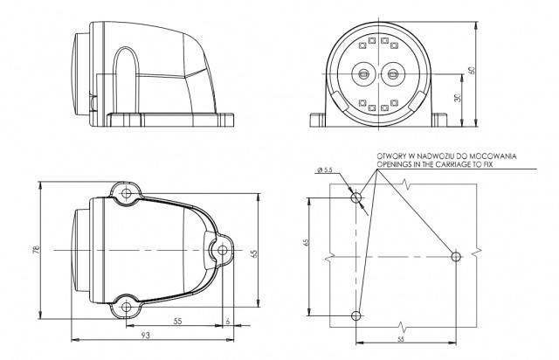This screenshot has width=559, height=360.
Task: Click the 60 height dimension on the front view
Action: [473, 70]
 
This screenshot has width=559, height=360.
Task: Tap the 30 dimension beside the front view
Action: [458, 97]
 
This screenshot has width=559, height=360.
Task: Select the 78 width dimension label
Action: [36, 250]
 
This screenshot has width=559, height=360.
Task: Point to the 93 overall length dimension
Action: [146, 335]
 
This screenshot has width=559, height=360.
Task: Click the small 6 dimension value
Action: [228, 321]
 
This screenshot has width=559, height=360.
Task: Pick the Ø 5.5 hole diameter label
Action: [324, 170]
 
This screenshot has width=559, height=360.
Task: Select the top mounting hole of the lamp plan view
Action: [126, 193]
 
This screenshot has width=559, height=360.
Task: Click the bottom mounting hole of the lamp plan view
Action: [126, 307]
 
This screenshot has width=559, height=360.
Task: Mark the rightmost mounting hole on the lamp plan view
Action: [223, 250]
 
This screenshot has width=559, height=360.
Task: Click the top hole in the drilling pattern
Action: [356, 197]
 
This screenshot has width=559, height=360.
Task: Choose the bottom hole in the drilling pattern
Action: [356, 315]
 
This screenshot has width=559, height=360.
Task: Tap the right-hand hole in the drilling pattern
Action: [456, 256]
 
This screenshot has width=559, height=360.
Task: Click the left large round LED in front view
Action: [363, 74]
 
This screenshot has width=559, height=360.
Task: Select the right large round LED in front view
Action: [392, 74]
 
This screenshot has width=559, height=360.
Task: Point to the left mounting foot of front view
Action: [317, 120]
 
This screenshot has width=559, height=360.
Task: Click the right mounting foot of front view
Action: [439, 120]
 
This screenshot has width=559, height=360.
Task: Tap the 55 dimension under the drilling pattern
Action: [401, 339]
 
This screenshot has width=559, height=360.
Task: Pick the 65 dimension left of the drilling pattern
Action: [306, 243]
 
